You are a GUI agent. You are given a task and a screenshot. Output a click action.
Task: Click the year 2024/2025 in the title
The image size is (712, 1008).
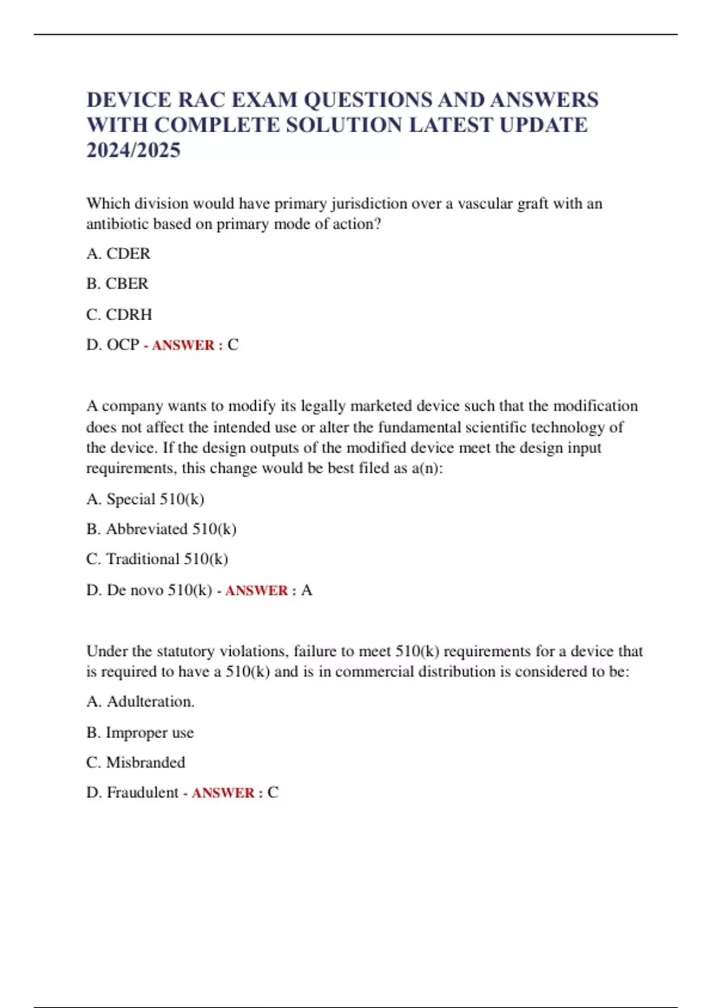coord(133,151)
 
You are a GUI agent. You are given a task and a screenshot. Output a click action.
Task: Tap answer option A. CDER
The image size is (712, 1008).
coord(118,254)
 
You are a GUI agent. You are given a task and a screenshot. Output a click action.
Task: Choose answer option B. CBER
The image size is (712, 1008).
coord(117,283)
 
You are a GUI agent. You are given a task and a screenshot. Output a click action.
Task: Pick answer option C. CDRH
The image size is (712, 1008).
coord(119,314)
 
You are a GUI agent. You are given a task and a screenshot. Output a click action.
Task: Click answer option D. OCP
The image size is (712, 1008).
coord(113,344)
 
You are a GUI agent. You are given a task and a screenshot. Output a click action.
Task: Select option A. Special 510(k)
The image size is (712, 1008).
coord(145,499)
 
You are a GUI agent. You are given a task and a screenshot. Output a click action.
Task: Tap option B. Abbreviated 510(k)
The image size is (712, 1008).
coord(161,529)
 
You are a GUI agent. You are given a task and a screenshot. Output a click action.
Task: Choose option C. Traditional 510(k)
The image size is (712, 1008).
coord(157,559)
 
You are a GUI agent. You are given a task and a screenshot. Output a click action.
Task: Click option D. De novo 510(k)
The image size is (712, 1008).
coord(149,590)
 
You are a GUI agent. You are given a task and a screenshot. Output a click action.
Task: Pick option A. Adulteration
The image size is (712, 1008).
coord(140,701)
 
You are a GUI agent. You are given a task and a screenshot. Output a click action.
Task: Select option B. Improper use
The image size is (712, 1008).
coord(140,733)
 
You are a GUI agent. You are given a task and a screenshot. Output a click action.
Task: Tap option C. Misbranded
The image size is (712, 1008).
coord(135,763)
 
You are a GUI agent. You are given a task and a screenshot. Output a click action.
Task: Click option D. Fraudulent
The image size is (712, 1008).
coord(132,793)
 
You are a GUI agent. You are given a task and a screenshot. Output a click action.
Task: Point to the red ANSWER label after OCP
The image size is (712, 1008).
coord(183,345)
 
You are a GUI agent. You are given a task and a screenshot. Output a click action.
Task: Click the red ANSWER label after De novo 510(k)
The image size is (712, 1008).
coord(256,591)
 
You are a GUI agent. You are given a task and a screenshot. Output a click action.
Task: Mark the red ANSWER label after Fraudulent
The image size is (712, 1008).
coord(223,793)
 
